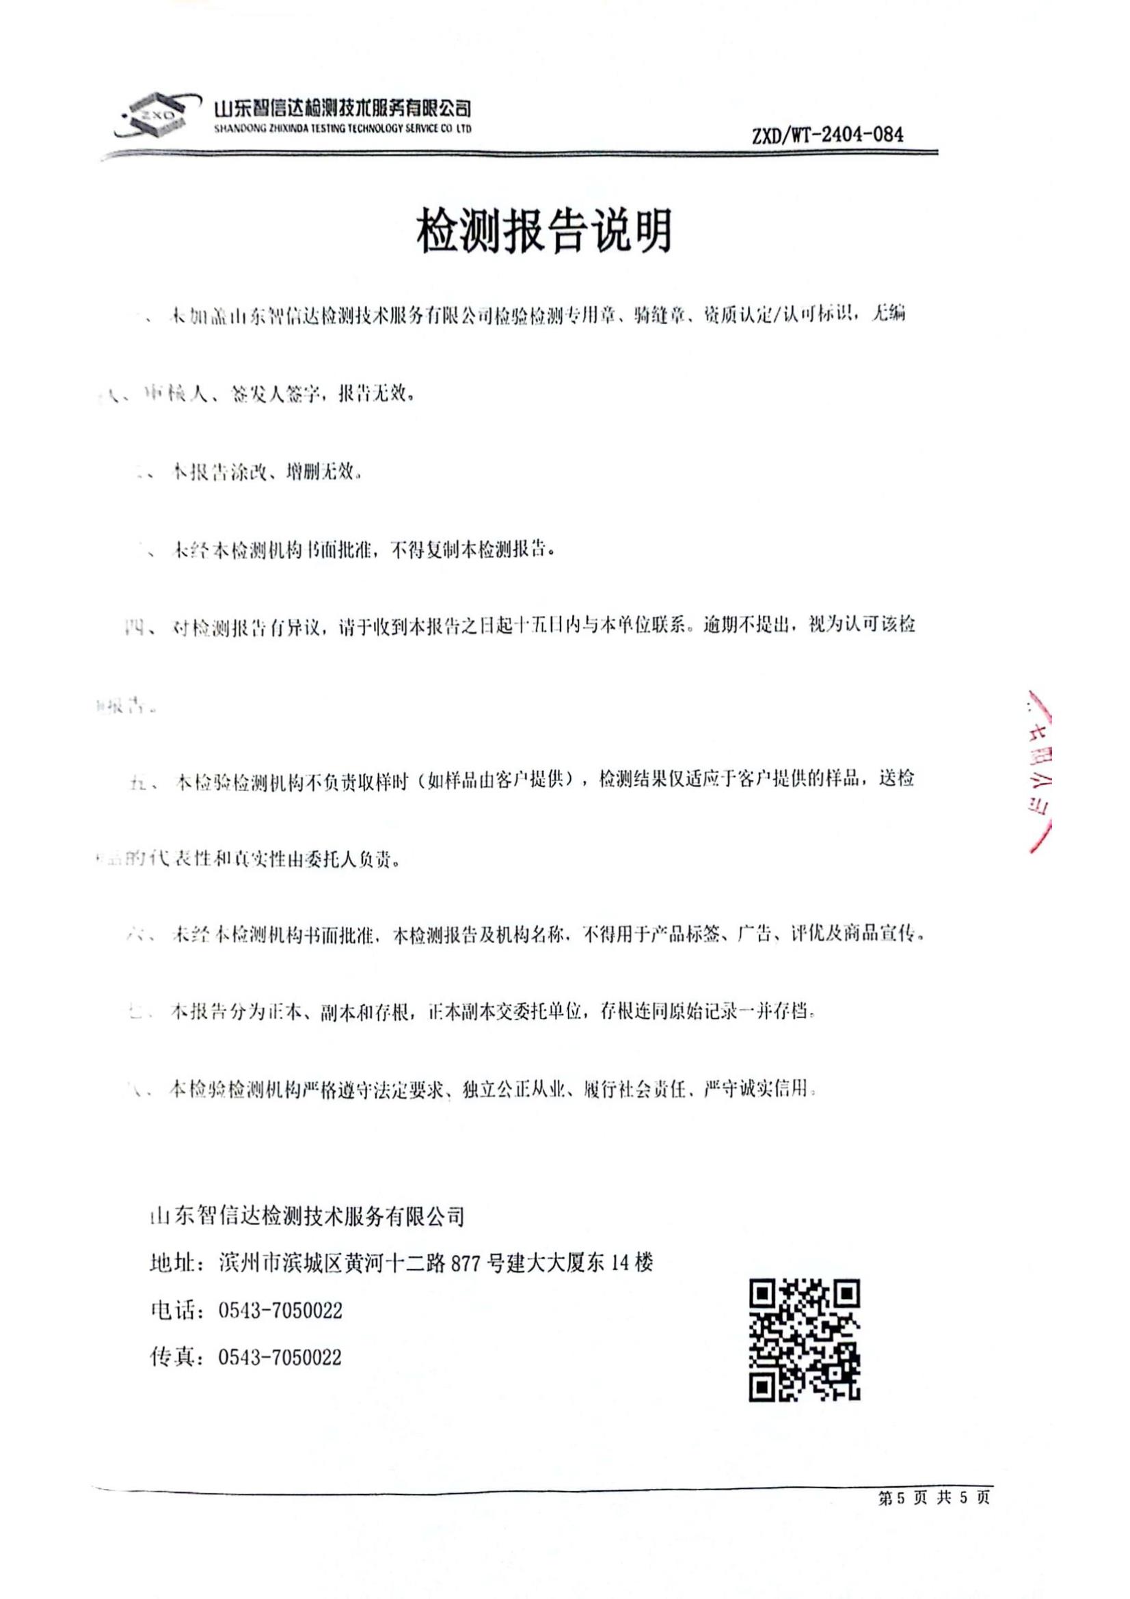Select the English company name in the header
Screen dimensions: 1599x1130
click(x=344, y=129)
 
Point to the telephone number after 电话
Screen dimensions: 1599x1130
click(x=280, y=1311)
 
